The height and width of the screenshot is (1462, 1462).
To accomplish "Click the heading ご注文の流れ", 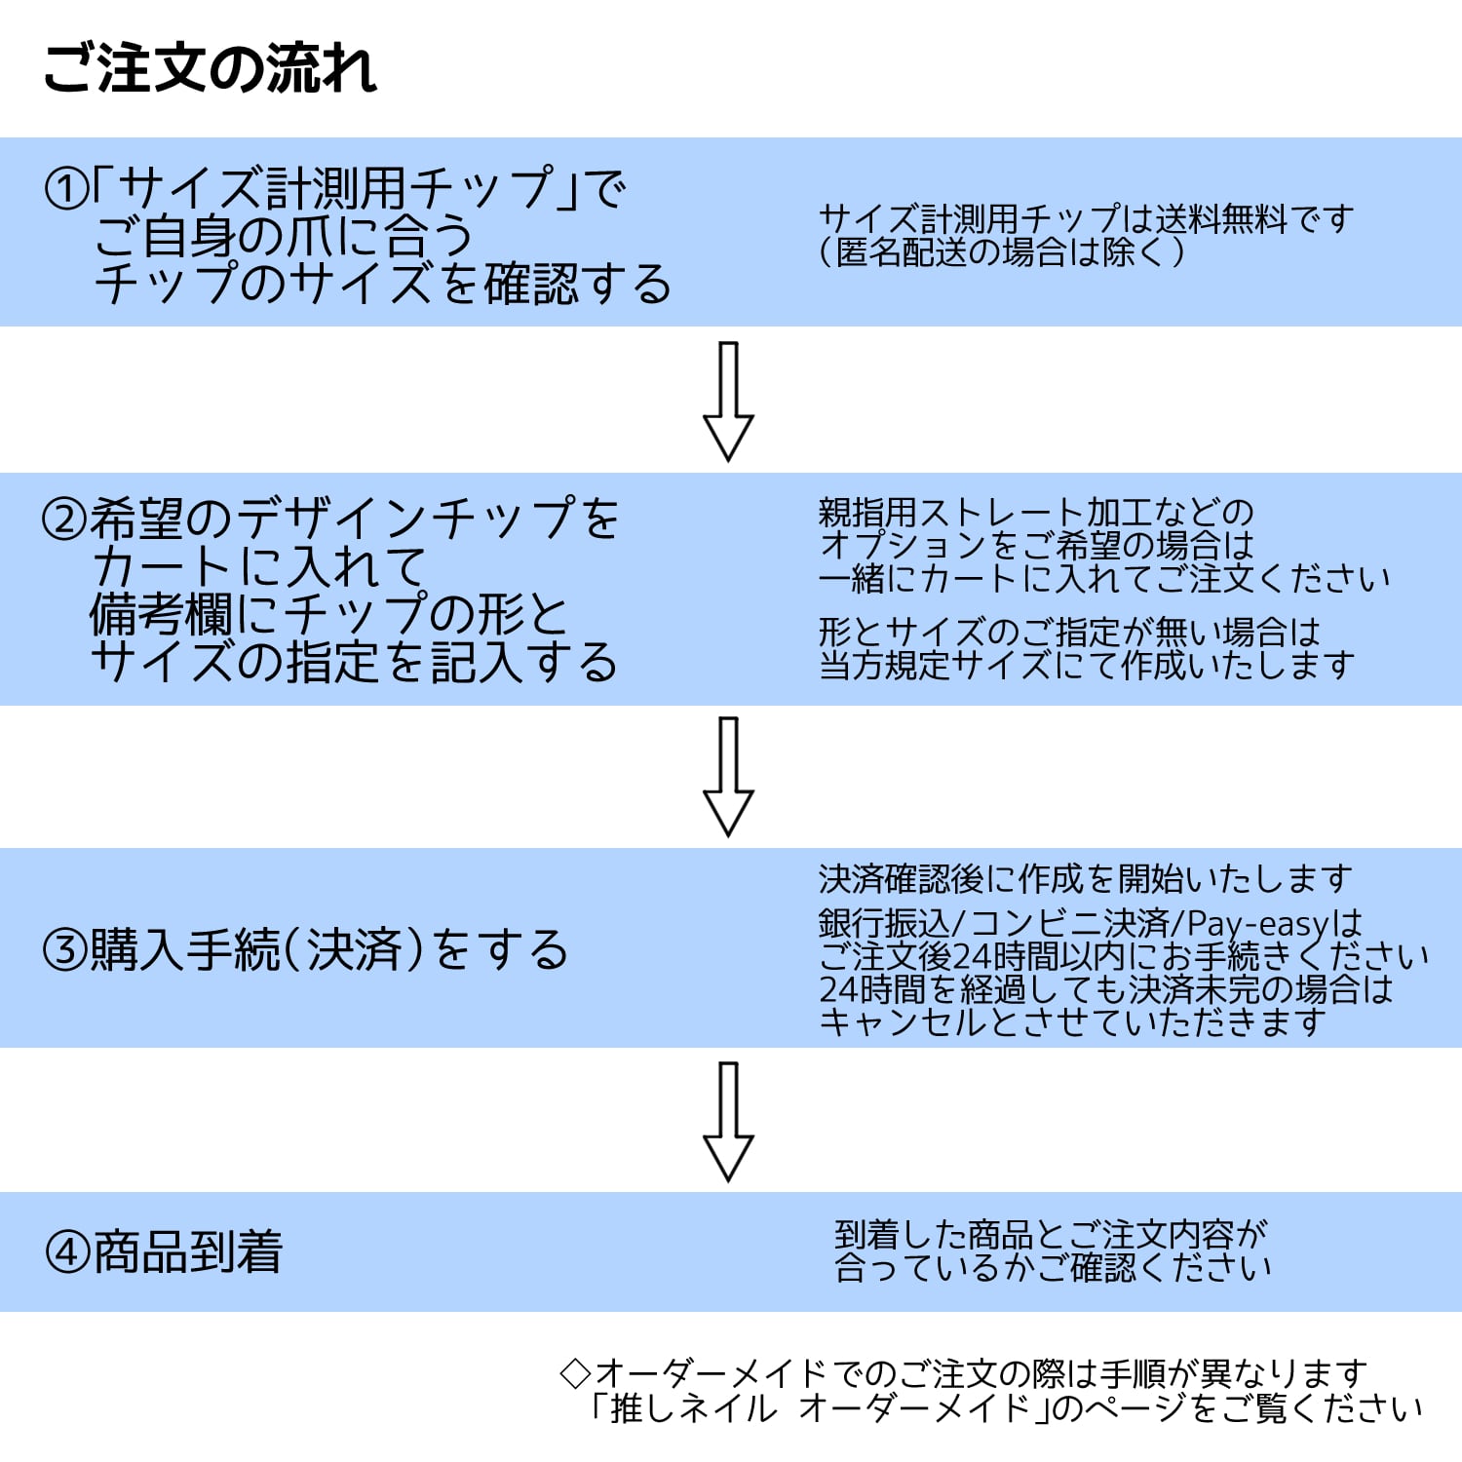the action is (x=210, y=68).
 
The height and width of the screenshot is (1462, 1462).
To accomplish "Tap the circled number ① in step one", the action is (x=66, y=188).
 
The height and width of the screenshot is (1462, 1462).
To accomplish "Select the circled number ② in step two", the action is (x=65, y=519).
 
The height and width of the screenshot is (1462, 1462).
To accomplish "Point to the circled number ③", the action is (x=65, y=949).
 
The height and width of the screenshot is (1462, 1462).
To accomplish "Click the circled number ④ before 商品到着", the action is (x=68, y=1252).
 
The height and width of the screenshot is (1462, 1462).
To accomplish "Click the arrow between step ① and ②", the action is (x=728, y=401).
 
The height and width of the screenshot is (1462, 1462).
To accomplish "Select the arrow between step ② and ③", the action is (x=728, y=776).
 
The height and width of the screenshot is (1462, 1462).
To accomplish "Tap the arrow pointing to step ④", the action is (x=728, y=1122).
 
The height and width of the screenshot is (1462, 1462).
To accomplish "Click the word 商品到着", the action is (x=188, y=1252).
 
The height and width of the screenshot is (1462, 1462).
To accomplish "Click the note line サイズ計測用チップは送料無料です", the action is (x=1087, y=218).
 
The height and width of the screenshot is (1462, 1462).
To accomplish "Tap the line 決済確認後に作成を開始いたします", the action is (x=1085, y=879).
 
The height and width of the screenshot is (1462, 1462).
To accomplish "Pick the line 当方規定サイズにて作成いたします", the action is (x=1087, y=665).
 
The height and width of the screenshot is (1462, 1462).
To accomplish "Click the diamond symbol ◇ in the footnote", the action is (x=576, y=1373).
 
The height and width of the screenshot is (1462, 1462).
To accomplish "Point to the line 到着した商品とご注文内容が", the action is (x=1051, y=1235).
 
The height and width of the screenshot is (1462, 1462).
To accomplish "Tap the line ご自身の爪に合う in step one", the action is (x=283, y=236).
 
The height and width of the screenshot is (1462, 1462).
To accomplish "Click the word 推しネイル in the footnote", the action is (x=694, y=1407).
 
